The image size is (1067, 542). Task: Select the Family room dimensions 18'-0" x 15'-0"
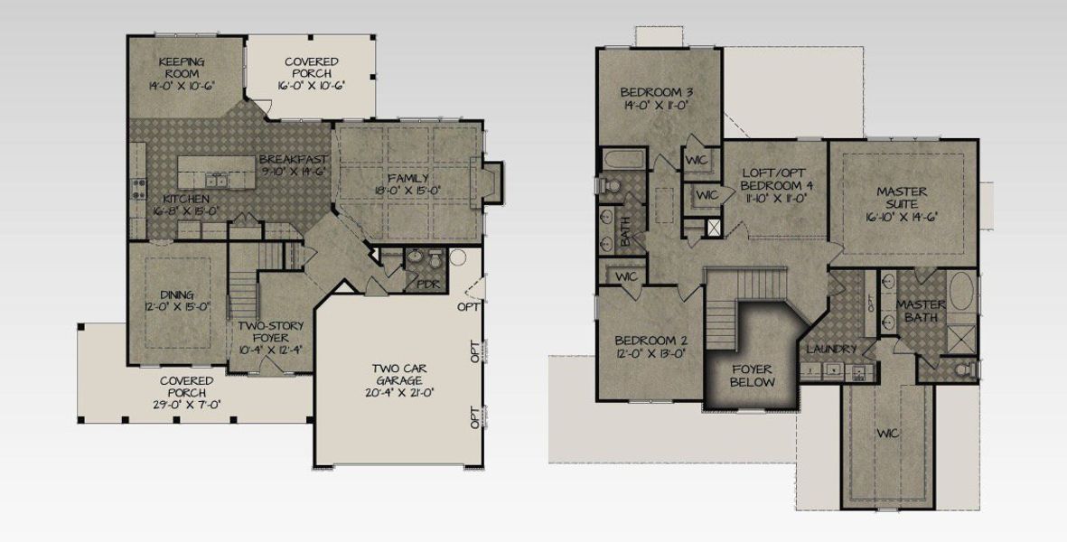[408, 191]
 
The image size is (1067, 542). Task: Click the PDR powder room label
[427, 284]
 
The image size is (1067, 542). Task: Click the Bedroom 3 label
[656, 92]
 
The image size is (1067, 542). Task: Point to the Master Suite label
[903, 199]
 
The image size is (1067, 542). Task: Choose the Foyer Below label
[752, 375]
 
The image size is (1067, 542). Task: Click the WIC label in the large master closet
[887, 434]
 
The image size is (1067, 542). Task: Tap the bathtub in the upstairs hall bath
[623, 162]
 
